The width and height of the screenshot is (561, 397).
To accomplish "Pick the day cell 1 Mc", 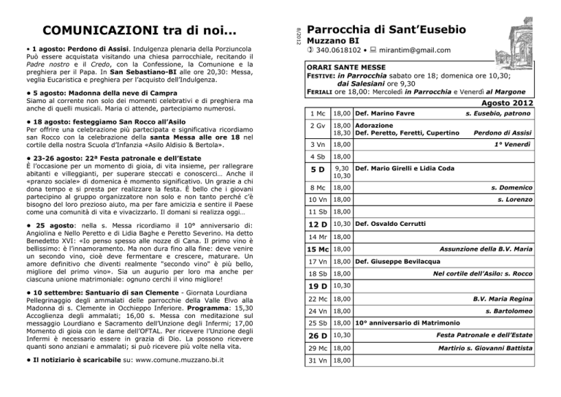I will click(318, 114).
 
